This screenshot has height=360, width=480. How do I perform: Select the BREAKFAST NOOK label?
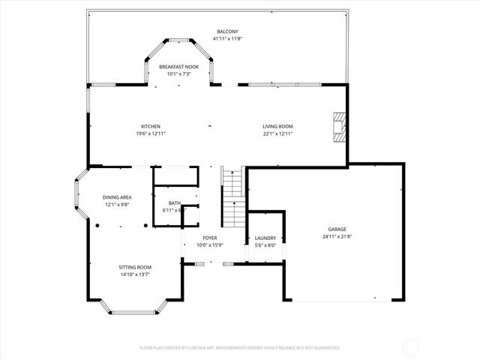click(x=178, y=67)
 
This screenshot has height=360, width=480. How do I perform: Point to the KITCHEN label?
click(x=151, y=126)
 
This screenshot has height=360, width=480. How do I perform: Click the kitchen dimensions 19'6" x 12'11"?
click(x=151, y=133)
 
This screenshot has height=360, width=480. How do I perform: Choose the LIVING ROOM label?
click(x=277, y=126)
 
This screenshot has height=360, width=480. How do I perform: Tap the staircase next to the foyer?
click(x=234, y=197)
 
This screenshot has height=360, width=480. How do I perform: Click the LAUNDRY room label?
click(x=265, y=238)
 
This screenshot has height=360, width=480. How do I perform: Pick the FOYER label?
click(x=210, y=238)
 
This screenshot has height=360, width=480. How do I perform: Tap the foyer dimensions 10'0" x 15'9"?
click(x=210, y=245)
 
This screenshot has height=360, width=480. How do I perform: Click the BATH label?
click(x=174, y=202)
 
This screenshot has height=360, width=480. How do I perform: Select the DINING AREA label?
click(x=117, y=197)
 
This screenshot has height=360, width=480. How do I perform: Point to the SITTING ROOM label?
click(x=135, y=267)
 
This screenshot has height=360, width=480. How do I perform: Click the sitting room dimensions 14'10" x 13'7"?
click(x=135, y=274)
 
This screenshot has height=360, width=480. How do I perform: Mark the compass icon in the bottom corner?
click(x=410, y=348)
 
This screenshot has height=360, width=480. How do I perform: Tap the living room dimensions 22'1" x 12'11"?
click(x=277, y=133)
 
